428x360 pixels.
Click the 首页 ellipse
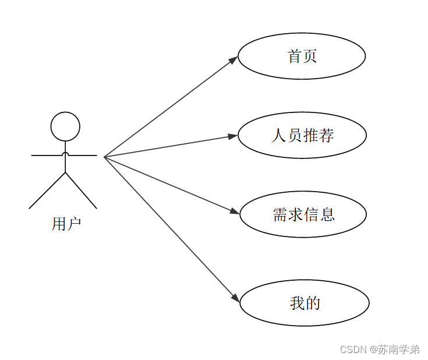pos(302,56)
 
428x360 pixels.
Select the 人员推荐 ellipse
pos(302,135)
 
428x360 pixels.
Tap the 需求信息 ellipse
pos(303,214)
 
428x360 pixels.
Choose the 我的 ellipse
pos(304,303)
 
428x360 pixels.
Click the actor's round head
pos(65,126)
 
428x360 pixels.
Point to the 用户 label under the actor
pos(66,224)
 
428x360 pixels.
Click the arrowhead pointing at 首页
pos(234,59)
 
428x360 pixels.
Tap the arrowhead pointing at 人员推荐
pos(233,136)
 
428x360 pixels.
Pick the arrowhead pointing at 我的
pos(236,298)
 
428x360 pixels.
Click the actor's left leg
pos(47,191)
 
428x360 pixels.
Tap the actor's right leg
pos(82,191)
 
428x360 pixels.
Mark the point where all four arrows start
pos(104,157)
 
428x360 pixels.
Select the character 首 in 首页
pos(295,56)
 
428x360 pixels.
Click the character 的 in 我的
pos(313,303)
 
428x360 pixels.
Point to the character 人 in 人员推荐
pos(279,135)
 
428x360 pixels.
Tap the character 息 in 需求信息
pos(327,214)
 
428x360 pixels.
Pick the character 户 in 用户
pos(73,224)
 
